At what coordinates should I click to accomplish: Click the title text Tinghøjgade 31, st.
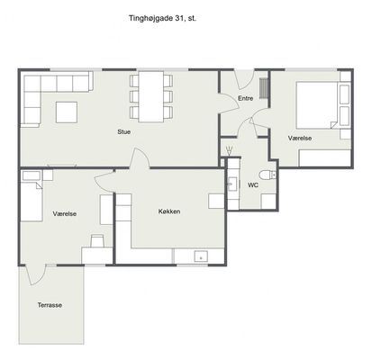coord(162,18)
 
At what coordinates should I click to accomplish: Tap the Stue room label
coord(123,131)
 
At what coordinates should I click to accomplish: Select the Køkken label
coord(169,211)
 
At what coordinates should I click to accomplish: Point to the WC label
coord(253,185)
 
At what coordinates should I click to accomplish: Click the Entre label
coord(246,98)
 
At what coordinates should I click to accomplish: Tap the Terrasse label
coord(50,305)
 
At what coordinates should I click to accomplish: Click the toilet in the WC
coord(268,175)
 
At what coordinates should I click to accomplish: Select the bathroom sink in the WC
coord(232,184)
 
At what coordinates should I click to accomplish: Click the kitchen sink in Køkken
coord(201,256)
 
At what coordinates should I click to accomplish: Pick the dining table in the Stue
coord(151,96)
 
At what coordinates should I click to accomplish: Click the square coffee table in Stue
coord(67,112)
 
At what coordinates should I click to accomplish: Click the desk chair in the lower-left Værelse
coord(97,241)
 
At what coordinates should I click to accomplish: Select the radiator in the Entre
coord(264,87)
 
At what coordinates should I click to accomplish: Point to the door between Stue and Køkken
coord(140,157)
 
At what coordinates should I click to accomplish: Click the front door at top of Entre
coord(244,79)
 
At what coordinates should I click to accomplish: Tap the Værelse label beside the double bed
coord(300,138)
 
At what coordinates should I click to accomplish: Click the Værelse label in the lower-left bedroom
coord(65,214)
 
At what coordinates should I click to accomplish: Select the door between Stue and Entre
coord(229,103)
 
